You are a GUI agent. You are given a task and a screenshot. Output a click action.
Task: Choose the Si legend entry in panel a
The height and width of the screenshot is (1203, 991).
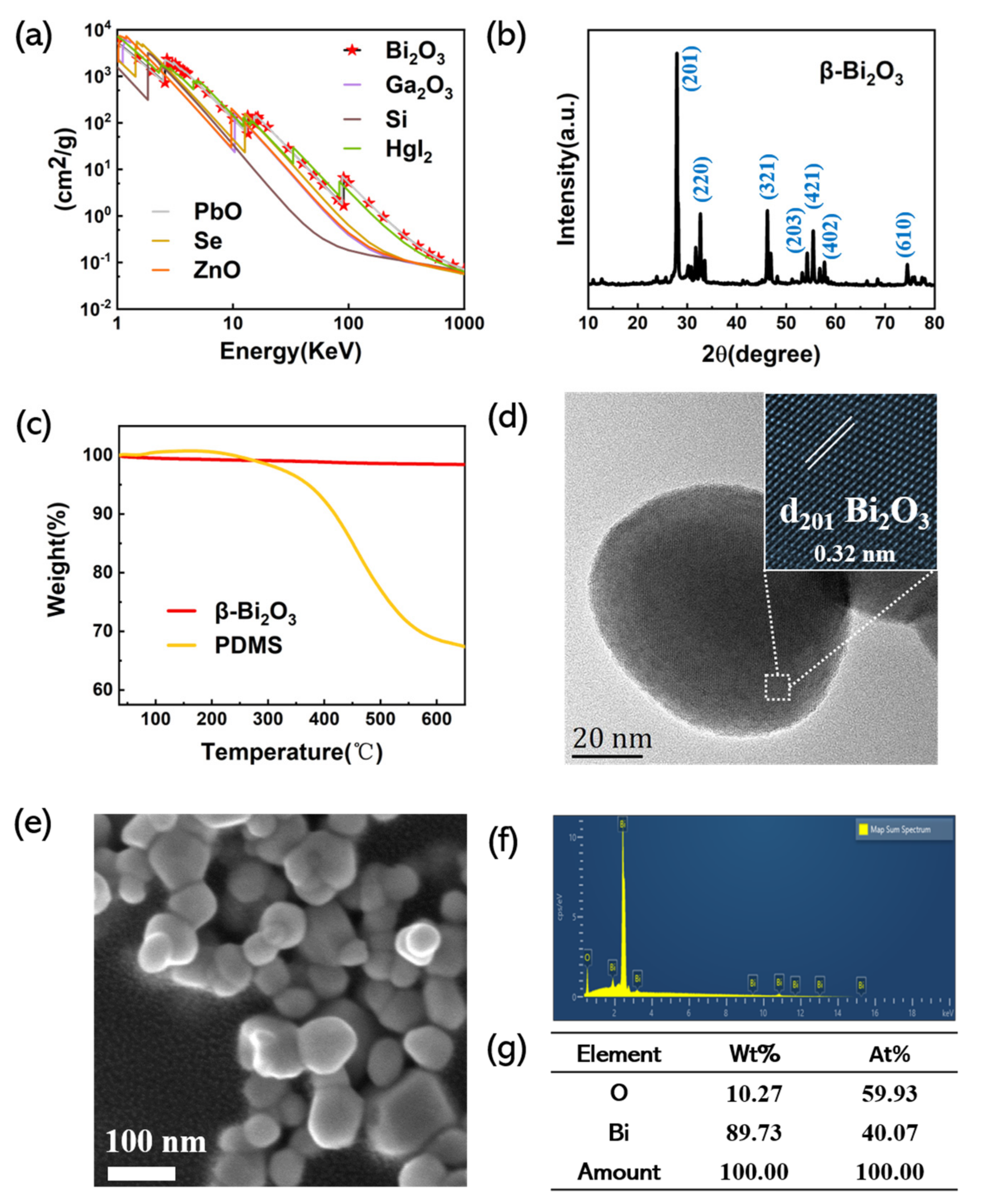point(396,119)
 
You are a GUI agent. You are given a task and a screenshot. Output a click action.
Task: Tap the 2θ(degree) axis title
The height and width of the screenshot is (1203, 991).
point(761,355)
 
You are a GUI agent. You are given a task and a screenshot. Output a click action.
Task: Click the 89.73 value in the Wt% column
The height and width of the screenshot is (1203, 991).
point(754,1133)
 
